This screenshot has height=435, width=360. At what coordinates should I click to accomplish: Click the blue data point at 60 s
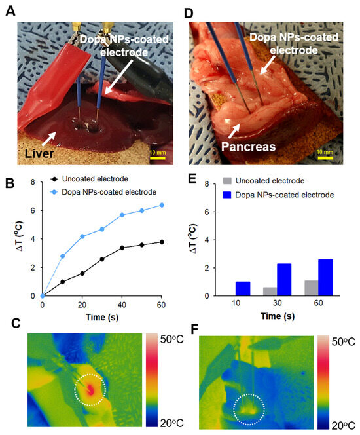pyautogui.click(x=162, y=205)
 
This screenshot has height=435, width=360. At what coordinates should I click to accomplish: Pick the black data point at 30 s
pyautogui.click(x=102, y=259)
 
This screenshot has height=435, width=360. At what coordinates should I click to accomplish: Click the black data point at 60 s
pyautogui.click(x=162, y=242)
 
